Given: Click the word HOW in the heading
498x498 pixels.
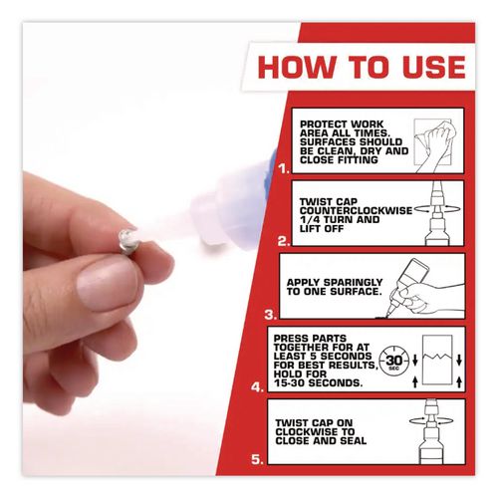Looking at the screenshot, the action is (296, 67).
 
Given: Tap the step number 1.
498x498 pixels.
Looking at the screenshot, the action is (284, 169).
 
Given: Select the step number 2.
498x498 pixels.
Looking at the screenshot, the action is (284, 241).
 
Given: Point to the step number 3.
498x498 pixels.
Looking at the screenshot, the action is (271, 315).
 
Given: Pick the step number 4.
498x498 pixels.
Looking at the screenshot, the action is (257, 387).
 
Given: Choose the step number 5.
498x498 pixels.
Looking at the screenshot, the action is (257, 460).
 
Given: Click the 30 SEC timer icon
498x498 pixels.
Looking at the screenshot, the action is (394, 361).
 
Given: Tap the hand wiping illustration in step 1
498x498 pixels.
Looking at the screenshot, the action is (434, 145).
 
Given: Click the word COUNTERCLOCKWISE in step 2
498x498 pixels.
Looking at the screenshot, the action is (356, 211).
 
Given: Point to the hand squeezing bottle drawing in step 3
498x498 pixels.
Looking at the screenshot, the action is (425, 289).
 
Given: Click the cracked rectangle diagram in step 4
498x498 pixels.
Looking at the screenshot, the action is (437, 361).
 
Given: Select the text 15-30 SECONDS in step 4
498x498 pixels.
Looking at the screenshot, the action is (318, 383).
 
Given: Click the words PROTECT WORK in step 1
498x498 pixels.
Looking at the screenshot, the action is (342, 124).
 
